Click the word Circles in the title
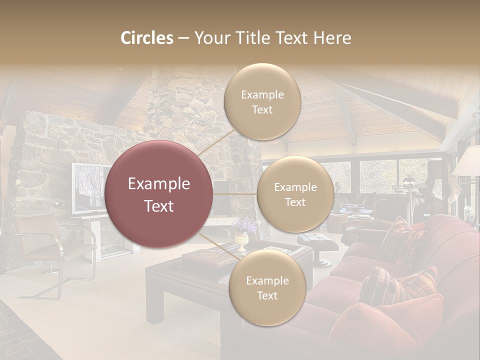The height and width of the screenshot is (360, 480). [x=147, y=38]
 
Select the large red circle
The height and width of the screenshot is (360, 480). [x=159, y=194]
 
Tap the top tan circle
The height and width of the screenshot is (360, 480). [x=262, y=101]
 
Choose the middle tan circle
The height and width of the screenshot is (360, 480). [x=295, y=194]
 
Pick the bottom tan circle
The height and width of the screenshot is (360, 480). [x=267, y=287]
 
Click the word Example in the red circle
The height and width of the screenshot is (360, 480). [x=159, y=184]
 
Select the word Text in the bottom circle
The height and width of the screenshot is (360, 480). [x=267, y=295]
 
